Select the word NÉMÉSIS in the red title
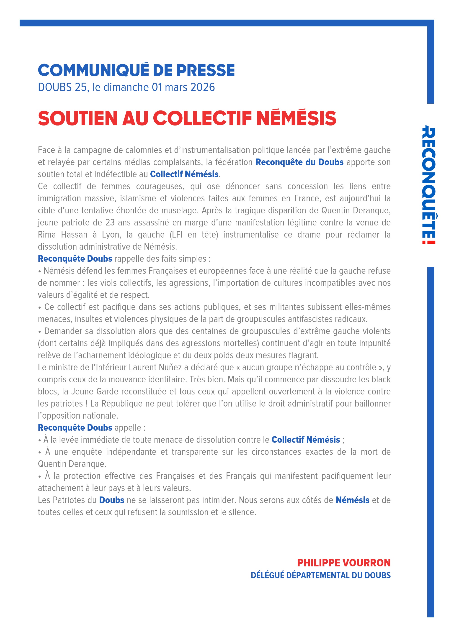(x=296, y=118)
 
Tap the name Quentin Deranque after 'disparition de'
(x=356, y=210)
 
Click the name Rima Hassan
(x=63, y=235)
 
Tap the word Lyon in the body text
(x=111, y=235)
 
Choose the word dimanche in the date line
(x=126, y=87)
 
